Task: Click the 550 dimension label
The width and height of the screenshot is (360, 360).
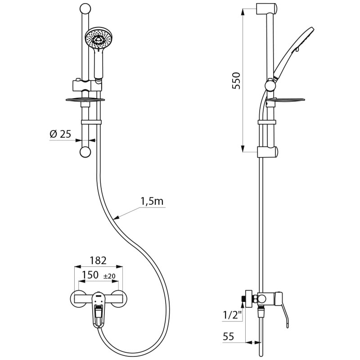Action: tap(236, 81)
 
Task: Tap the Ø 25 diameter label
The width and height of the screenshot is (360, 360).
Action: tap(61, 134)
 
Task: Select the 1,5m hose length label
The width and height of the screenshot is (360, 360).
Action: tap(152, 201)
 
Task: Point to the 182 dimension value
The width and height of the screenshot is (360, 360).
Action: tap(98, 261)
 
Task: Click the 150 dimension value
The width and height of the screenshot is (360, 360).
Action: tap(90, 275)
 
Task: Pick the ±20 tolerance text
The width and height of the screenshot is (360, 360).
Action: tap(109, 276)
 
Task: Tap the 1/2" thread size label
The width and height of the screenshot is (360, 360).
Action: tap(232, 315)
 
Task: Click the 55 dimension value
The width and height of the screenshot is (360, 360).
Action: tap(228, 337)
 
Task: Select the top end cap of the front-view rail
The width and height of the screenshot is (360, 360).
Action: tap(85, 9)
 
